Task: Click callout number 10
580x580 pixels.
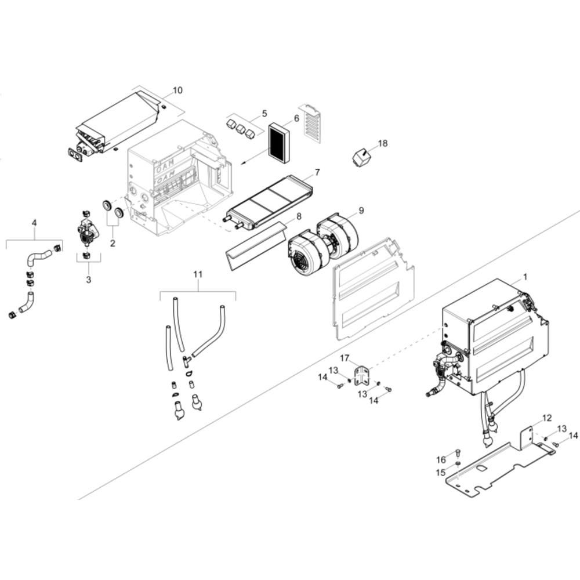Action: tap(177, 90)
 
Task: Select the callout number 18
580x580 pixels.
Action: tap(383, 143)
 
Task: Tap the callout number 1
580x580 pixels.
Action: tap(525, 277)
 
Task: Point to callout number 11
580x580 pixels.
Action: tap(198, 274)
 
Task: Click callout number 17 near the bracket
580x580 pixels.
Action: tap(345, 358)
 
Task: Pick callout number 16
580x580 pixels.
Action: tap(441, 460)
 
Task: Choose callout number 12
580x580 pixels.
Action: tap(547, 418)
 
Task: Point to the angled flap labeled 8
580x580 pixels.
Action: tap(256, 246)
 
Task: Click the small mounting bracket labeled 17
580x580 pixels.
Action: tap(362, 375)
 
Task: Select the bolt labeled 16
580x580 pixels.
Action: tap(458, 452)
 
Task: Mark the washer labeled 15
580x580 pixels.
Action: tap(458, 464)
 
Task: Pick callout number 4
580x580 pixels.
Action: tap(34, 223)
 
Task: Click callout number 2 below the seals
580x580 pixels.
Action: tap(113, 243)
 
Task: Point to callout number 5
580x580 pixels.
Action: tap(264, 113)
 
